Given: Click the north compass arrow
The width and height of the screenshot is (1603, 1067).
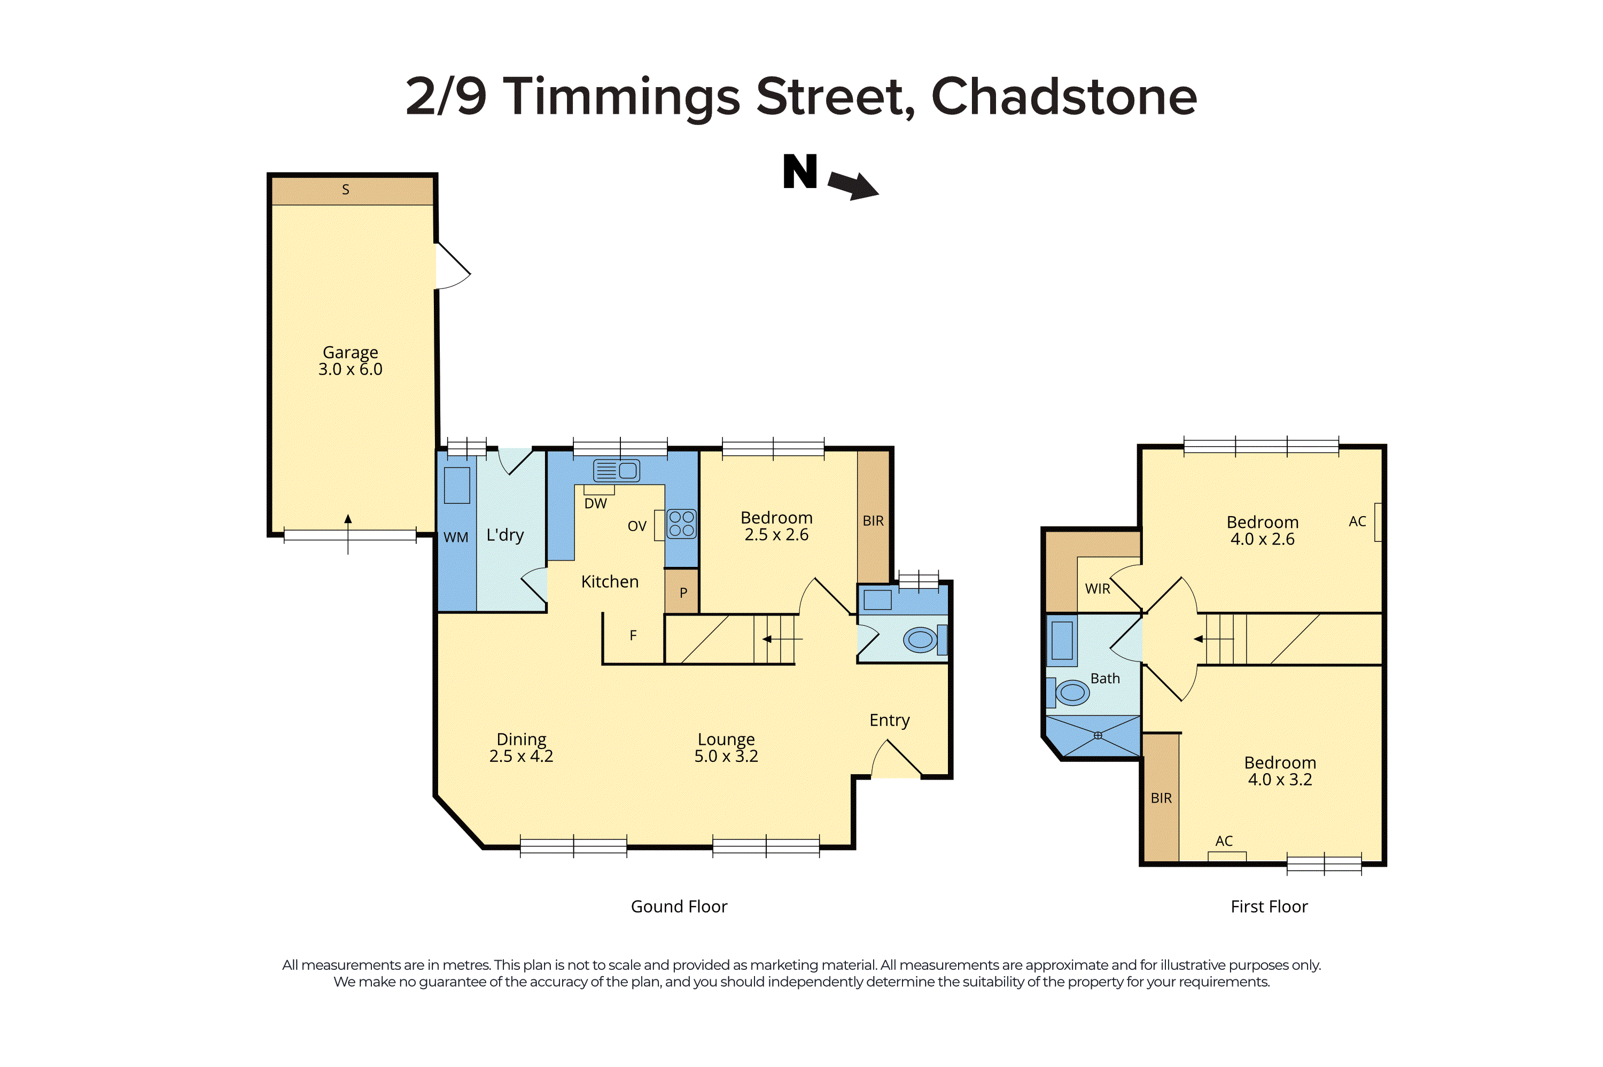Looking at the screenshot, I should (853, 184).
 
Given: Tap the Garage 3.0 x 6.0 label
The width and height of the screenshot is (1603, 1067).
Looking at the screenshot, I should (351, 361).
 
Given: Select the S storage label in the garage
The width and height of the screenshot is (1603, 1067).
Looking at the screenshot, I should (346, 190).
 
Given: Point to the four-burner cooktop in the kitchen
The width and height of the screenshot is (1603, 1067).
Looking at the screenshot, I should (681, 523).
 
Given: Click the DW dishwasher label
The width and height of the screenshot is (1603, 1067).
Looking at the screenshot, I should (595, 503).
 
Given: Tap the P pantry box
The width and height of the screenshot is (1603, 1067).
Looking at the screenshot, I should (682, 592).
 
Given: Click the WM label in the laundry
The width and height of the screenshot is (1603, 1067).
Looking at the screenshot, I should (455, 537).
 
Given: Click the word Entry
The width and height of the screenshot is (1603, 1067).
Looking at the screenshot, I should (889, 720).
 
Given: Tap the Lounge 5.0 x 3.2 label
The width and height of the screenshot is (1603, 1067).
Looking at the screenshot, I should (726, 747).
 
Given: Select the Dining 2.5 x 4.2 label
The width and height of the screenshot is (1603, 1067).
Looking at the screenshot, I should (521, 747).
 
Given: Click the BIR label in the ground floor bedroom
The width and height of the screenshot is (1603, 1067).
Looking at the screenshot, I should (873, 520).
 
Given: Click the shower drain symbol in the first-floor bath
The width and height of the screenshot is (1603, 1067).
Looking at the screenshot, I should (1098, 735).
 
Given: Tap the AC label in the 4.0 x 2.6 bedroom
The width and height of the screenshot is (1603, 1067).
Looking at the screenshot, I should (1357, 521).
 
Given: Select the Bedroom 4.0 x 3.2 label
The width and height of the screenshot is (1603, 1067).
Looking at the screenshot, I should (1280, 770).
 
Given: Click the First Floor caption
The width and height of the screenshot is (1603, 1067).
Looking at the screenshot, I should (1269, 906).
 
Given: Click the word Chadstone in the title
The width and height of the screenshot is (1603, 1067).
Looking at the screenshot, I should (1063, 97).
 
